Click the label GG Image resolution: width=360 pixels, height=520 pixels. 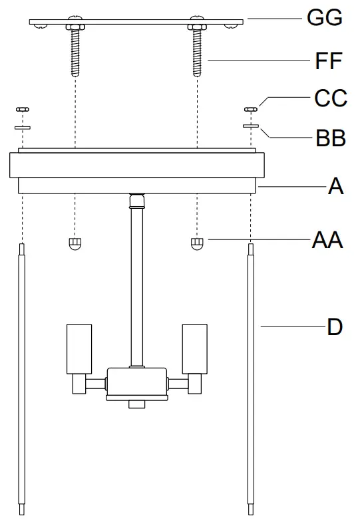(324, 19)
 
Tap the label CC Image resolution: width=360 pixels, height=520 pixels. (330, 98)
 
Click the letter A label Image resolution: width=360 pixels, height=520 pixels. (335, 188)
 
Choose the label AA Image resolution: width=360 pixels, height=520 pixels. (327, 239)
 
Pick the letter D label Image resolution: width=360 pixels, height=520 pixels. (335, 327)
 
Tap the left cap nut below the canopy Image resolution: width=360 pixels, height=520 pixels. (75, 243)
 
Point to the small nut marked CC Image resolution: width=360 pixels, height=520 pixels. (252, 108)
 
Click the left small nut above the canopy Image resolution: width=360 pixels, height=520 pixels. (23, 108)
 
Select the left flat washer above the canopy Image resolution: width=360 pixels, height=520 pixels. (23, 124)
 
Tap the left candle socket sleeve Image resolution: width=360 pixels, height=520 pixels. (79, 348)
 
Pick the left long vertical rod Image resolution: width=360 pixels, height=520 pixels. (23, 379)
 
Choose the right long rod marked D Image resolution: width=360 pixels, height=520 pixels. (252, 379)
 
